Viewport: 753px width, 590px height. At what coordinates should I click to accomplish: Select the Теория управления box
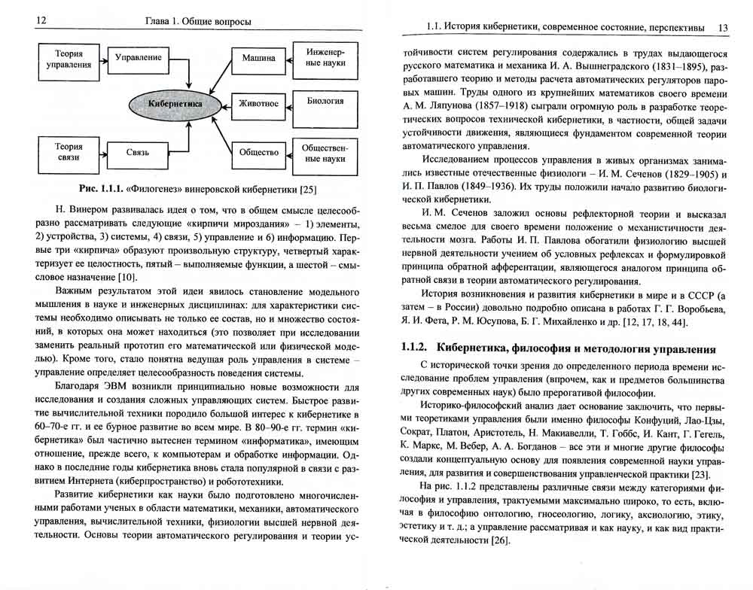[69, 59]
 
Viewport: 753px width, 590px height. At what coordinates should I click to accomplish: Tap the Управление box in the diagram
[139, 57]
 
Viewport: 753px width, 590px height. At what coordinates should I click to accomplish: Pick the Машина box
[258, 58]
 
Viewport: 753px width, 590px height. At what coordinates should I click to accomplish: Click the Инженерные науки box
[325, 58]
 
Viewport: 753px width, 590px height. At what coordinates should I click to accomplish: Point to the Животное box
[258, 104]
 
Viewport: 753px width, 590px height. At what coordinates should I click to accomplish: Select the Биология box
[325, 101]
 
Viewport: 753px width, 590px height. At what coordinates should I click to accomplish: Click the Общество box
[258, 151]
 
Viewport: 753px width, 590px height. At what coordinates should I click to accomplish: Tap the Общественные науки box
[325, 154]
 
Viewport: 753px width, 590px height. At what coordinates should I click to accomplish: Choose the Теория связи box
[69, 153]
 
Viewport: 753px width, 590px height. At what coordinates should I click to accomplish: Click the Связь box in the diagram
[138, 153]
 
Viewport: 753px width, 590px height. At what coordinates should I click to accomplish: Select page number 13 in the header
[722, 26]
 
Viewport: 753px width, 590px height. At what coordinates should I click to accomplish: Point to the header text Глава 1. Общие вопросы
[197, 22]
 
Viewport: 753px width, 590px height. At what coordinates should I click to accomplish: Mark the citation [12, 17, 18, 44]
[646, 323]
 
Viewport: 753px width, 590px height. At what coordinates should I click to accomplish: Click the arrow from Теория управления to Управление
[101, 58]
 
